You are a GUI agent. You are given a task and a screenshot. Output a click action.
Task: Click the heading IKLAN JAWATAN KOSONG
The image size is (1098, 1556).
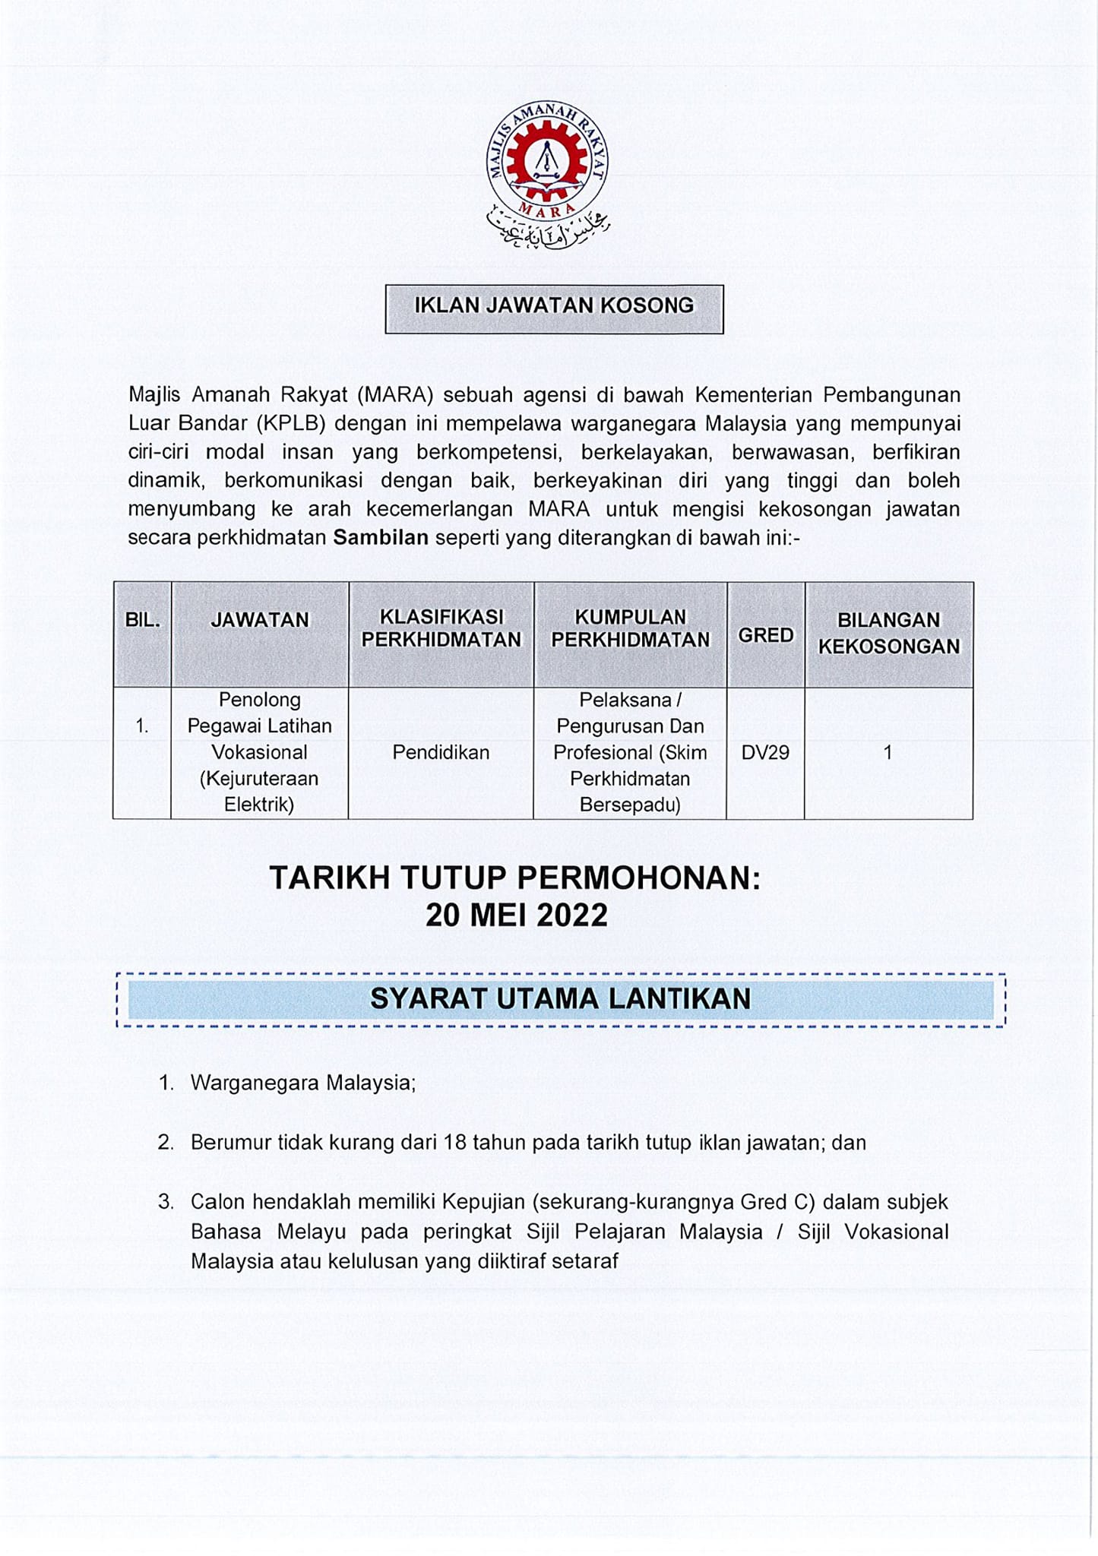click(x=554, y=305)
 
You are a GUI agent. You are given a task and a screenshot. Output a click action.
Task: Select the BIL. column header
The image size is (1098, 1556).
click(x=142, y=620)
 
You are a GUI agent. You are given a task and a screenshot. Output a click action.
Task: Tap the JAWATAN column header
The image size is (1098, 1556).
click(x=260, y=620)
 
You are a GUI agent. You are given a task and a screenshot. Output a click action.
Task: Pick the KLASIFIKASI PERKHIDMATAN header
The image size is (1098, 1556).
click(x=441, y=628)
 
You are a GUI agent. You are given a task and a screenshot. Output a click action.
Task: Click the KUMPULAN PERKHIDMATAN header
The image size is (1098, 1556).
click(x=630, y=628)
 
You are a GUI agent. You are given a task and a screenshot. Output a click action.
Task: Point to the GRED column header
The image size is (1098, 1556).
click(x=765, y=635)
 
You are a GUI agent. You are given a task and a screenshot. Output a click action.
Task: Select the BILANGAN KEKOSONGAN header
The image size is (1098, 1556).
click(x=888, y=633)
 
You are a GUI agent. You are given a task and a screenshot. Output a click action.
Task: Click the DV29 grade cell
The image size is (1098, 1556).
click(x=765, y=752)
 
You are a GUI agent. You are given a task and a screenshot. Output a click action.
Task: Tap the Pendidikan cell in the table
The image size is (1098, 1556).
click(x=441, y=752)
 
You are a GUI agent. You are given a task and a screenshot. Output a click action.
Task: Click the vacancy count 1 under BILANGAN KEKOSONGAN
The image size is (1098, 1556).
click(x=888, y=752)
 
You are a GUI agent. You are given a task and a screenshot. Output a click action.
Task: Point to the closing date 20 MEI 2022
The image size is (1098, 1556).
click(x=517, y=916)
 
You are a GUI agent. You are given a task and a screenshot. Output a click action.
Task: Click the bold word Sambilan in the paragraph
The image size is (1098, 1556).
click(x=381, y=538)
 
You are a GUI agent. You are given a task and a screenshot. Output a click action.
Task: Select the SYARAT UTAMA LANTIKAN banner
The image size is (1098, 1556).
click(x=561, y=999)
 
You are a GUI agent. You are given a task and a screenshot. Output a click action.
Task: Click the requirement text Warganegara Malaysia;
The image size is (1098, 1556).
click(x=303, y=1083)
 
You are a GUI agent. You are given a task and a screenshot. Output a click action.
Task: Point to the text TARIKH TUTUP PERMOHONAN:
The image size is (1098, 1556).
click(x=515, y=878)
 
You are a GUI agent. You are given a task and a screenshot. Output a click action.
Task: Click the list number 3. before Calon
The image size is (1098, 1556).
click(x=166, y=1202)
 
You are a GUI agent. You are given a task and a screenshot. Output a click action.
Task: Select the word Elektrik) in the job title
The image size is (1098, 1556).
click(x=259, y=805)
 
